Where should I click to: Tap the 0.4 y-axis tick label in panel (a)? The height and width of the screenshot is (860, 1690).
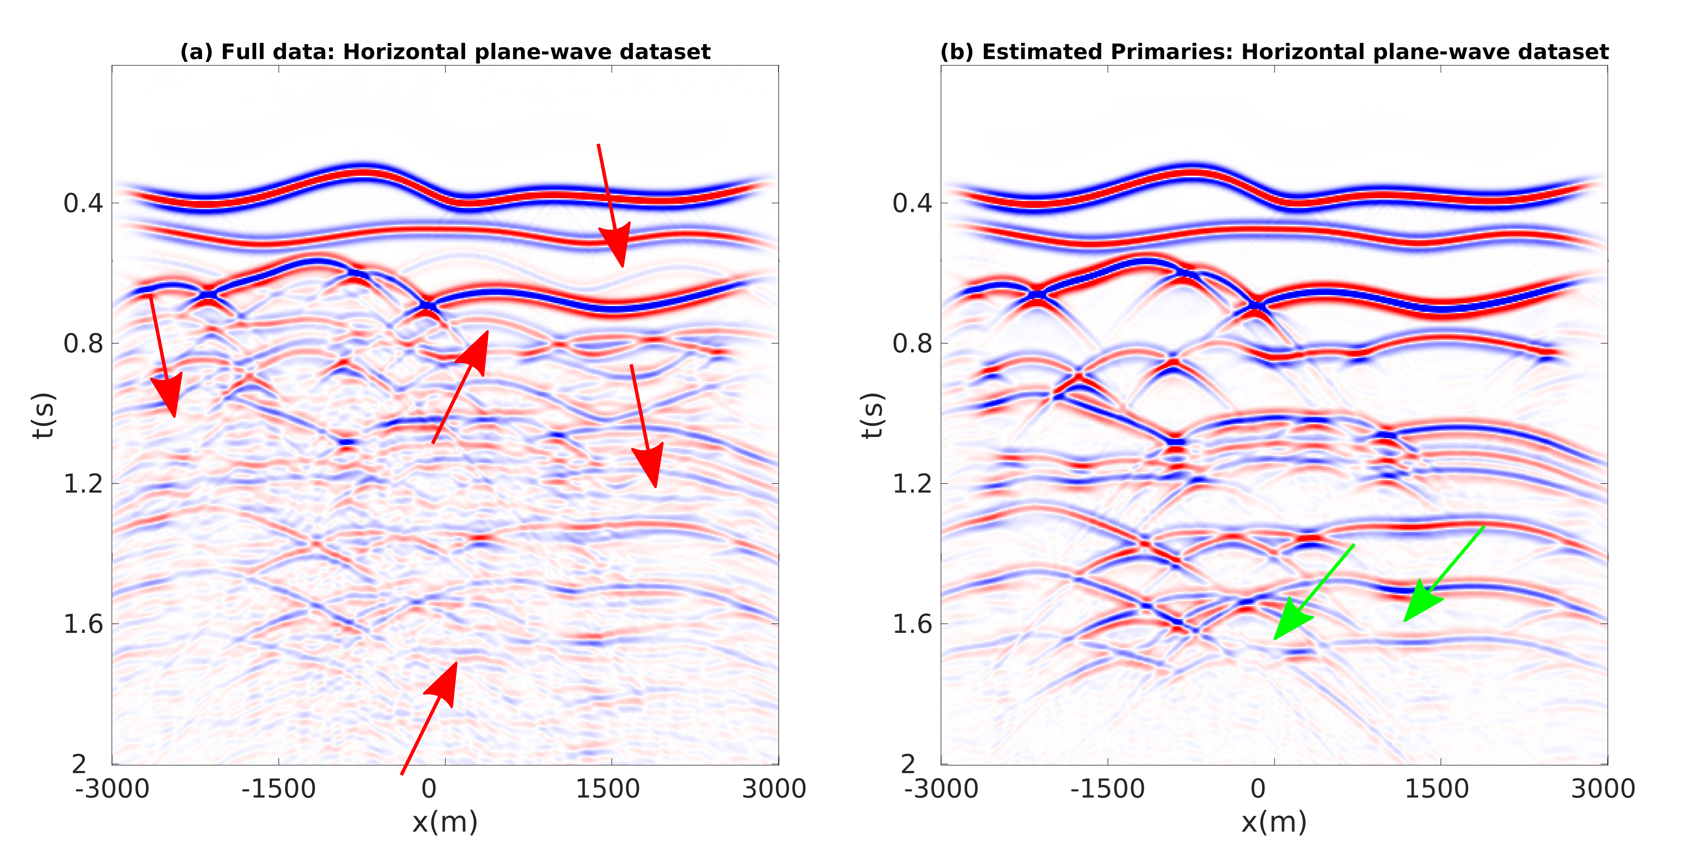click(83, 203)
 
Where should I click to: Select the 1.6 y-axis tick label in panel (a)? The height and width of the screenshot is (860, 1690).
click(83, 624)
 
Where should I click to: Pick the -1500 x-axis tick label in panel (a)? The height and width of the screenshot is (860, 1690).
click(278, 788)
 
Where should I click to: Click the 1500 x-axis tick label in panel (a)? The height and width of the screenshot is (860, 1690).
click(608, 788)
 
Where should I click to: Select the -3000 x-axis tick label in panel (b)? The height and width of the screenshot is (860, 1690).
click(941, 788)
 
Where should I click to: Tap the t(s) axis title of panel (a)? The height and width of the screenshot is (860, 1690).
click(44, 415)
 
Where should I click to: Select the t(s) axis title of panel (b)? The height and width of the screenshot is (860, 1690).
click(873, 415)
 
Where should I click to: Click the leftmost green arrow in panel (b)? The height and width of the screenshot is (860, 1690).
click(1314, 592)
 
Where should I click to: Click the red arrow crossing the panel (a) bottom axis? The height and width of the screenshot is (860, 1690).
click(429, 718)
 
